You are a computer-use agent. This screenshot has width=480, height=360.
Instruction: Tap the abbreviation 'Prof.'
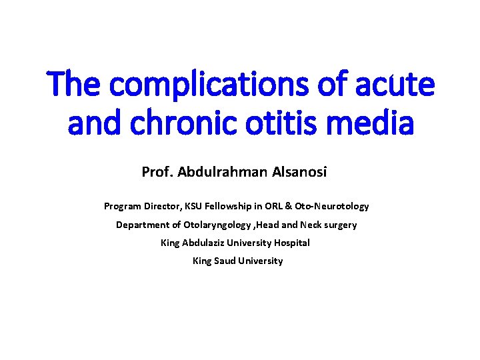155,172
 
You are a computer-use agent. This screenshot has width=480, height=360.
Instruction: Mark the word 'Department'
141,225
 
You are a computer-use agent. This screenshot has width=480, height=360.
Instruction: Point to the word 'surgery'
341,225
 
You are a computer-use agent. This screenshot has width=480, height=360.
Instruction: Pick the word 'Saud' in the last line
225,261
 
